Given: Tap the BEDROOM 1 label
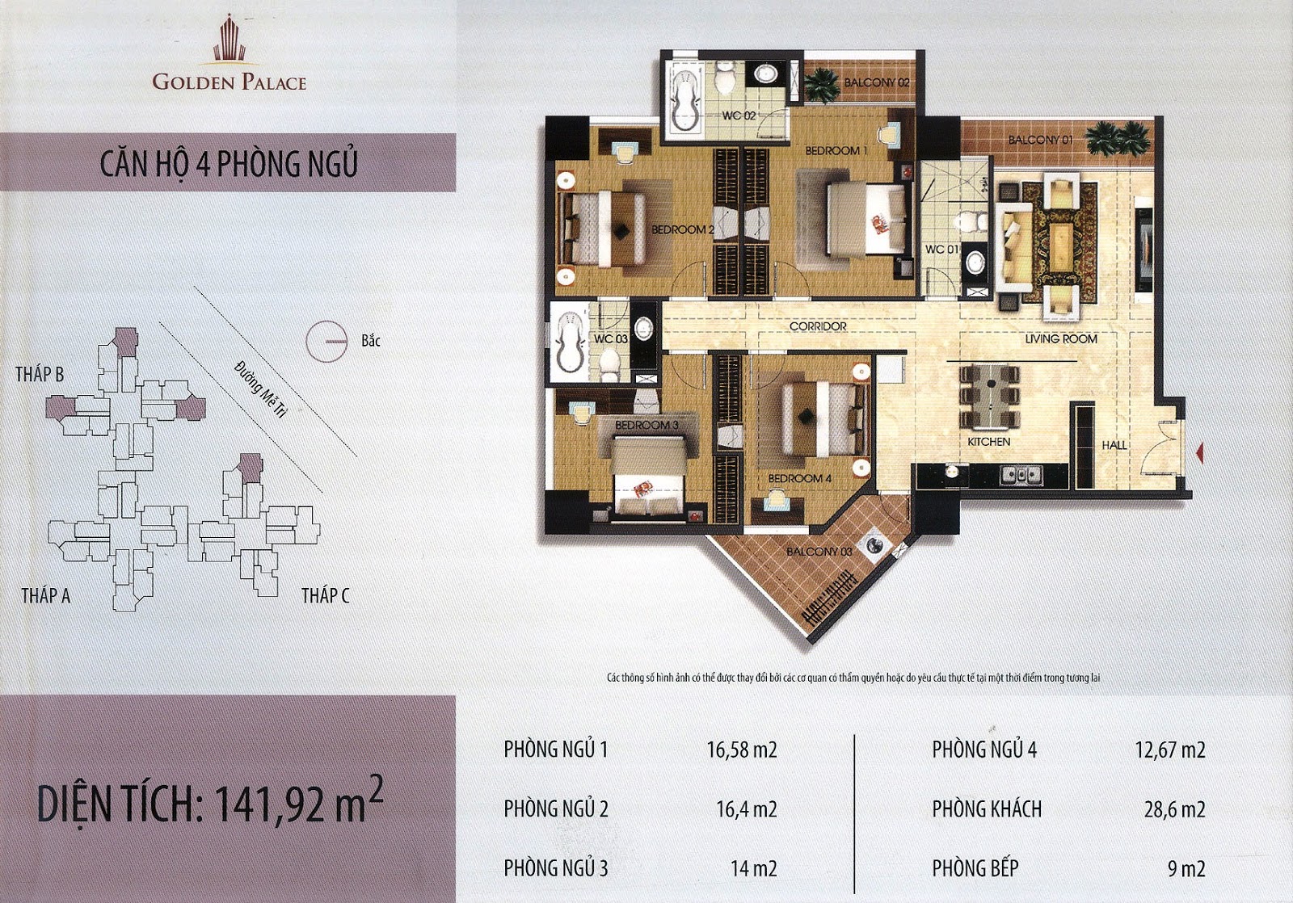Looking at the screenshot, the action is (x=836, y=151).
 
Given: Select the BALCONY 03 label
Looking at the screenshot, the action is (x=819, y=552).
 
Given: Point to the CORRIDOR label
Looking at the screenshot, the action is (x=818, y=326).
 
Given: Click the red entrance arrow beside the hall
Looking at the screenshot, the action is (x=1199, y=453).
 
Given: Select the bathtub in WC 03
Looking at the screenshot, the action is (x=568, y=341).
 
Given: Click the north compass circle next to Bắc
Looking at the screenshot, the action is (x=326, y=342).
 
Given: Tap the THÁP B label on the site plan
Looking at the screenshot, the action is (x=40, y=375).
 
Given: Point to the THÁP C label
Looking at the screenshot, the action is (x=325, y=595).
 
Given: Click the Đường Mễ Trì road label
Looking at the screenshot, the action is (x=261, y=389).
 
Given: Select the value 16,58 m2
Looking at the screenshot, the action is (x=742, y=750).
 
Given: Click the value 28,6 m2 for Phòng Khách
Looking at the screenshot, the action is (x=1175, y=809).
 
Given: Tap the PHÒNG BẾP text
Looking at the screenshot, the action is (x=975, y=867).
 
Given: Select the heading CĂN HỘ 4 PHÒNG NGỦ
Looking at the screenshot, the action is (x=229, y=163).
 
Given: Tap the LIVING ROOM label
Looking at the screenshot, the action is (x=1061, y=339).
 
